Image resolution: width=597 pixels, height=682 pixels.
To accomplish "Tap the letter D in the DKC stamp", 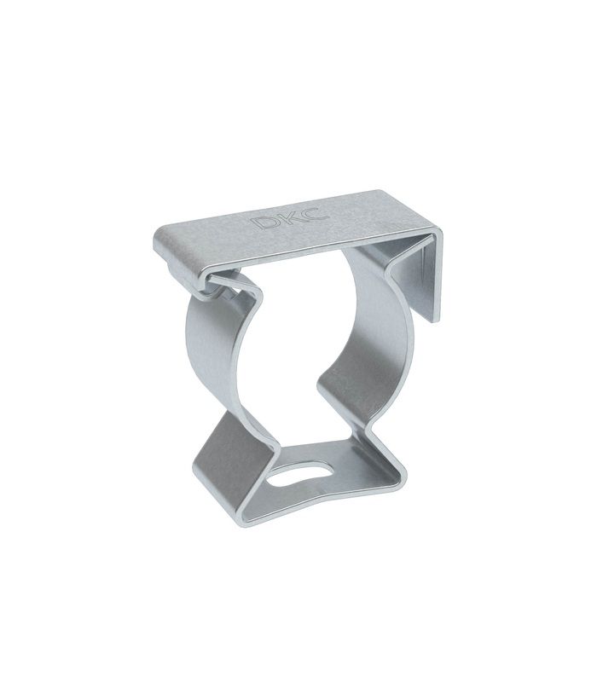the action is tap(263, 223).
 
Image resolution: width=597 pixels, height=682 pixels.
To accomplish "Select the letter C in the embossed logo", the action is tap(315, 214).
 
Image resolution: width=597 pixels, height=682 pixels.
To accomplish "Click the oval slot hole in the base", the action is tap(300, 475).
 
